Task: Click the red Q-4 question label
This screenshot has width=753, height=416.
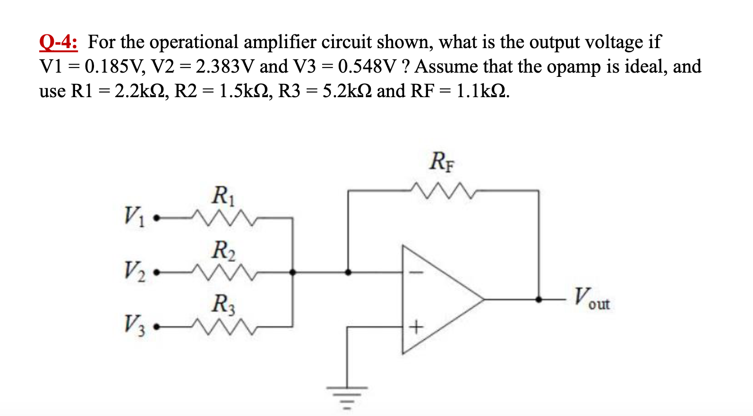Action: (x=58, y=42)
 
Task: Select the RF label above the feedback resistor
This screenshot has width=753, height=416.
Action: (x=442, y=161)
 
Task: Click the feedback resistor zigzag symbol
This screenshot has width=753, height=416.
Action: (x=442, y=190)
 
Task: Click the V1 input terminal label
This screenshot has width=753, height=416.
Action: (x=135, y=216)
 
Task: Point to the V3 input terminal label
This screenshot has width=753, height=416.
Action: (x=135, y=324)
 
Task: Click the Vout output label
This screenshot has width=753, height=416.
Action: (x=591, y=298)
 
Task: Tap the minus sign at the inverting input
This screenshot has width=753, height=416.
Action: (x=416, y=273)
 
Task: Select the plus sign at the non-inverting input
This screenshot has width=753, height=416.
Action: (x=416, y=326)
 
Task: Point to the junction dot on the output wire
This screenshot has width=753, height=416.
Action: (x=538, y=299)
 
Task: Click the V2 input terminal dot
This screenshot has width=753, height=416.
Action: (x=157, y=272)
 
